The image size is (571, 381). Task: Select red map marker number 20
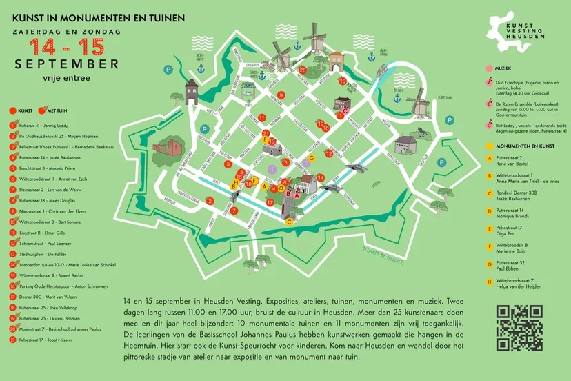tap(303, 70)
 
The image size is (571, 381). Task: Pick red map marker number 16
tap(343, 81)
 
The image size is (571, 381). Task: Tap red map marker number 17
tap(270, 202)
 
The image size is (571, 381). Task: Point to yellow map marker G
tap(312, 157)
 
